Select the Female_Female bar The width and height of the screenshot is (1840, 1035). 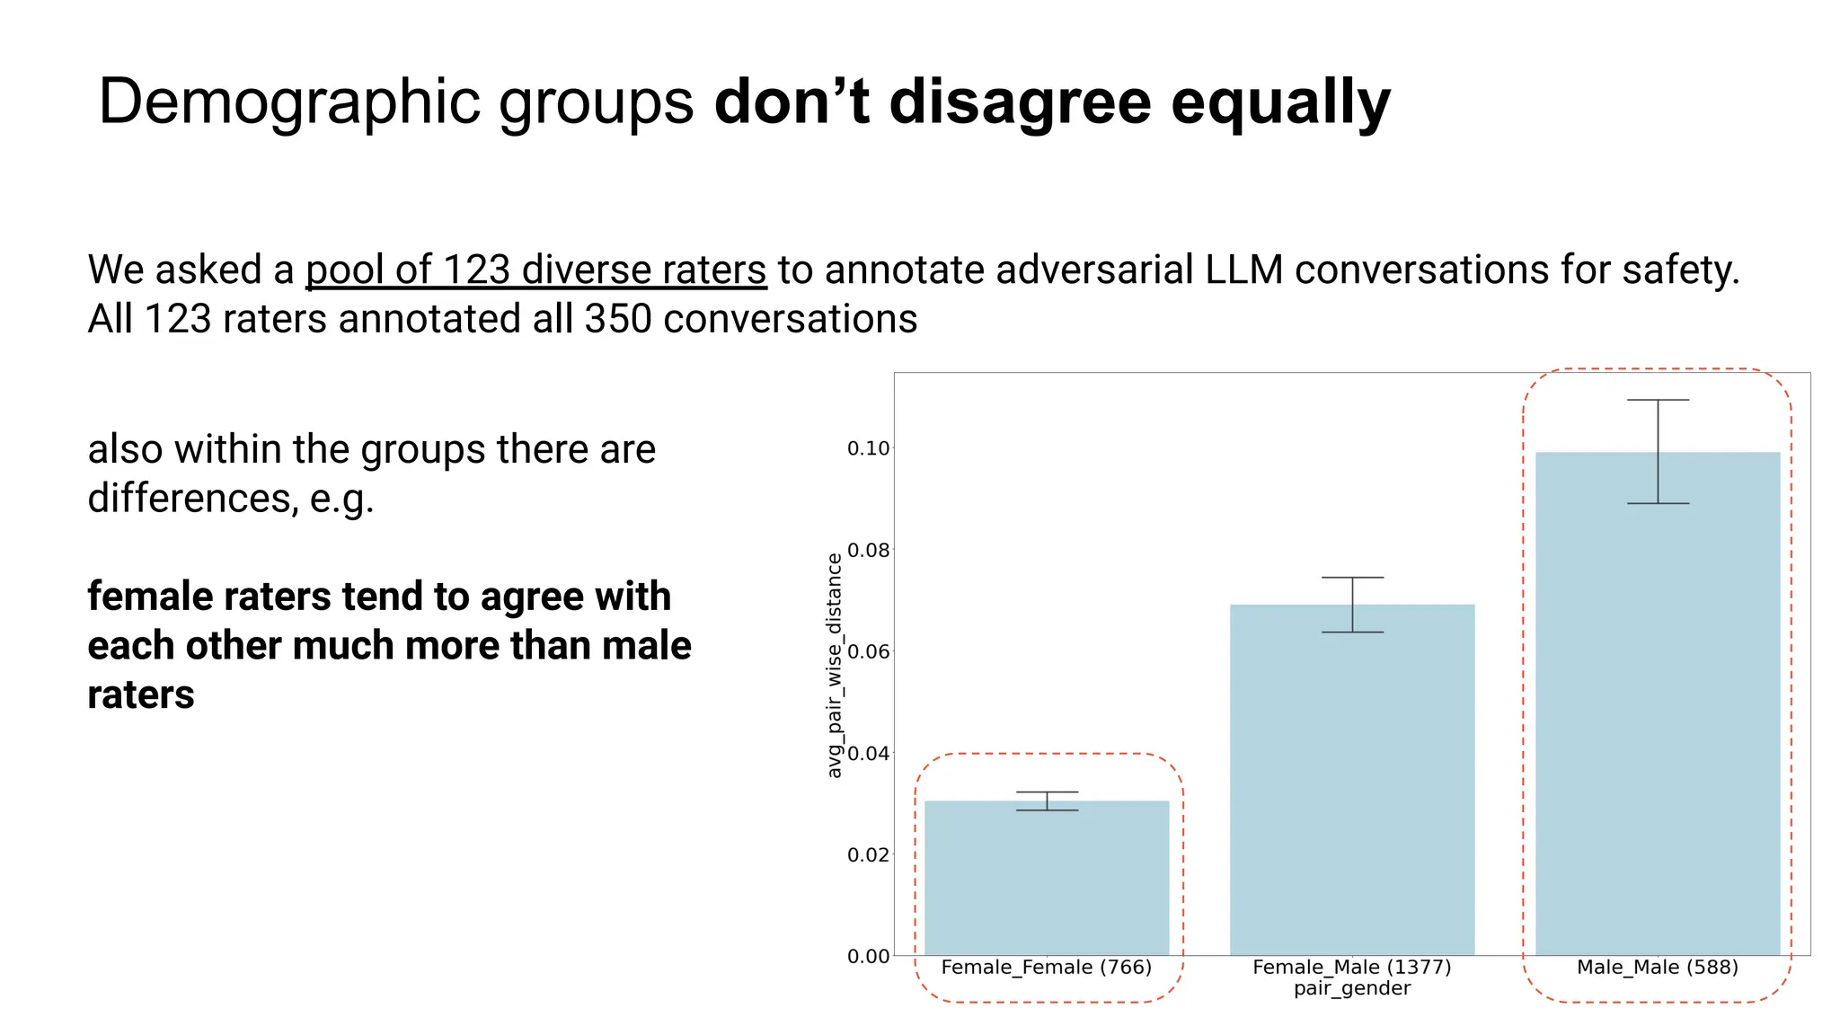tap(1047, 878)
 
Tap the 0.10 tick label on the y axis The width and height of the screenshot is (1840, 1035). tap(868, 448)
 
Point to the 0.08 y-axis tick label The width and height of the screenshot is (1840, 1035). tap(868, 550)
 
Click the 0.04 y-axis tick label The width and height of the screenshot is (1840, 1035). tap(868, 753)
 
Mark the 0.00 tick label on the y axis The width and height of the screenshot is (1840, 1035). tap(868, 956)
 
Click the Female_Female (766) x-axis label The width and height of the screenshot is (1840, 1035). tap(1047, 968)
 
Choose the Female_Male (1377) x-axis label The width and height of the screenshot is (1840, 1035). tap(1352, 968)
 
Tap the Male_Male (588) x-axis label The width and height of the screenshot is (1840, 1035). tap(1658, 968)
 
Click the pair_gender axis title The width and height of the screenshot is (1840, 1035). tap(1352, 989)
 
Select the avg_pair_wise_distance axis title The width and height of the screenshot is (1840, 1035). tap(835, 665)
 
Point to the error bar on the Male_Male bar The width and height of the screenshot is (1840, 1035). tap(1658, 452)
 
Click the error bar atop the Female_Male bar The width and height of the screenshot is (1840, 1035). tap(1352, 605)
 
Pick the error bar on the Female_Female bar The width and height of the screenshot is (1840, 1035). tap(1047, 801)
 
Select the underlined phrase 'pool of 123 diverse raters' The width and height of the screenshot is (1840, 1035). tap(535, 270)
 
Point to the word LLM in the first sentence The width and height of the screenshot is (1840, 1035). tap(1244, 270)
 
